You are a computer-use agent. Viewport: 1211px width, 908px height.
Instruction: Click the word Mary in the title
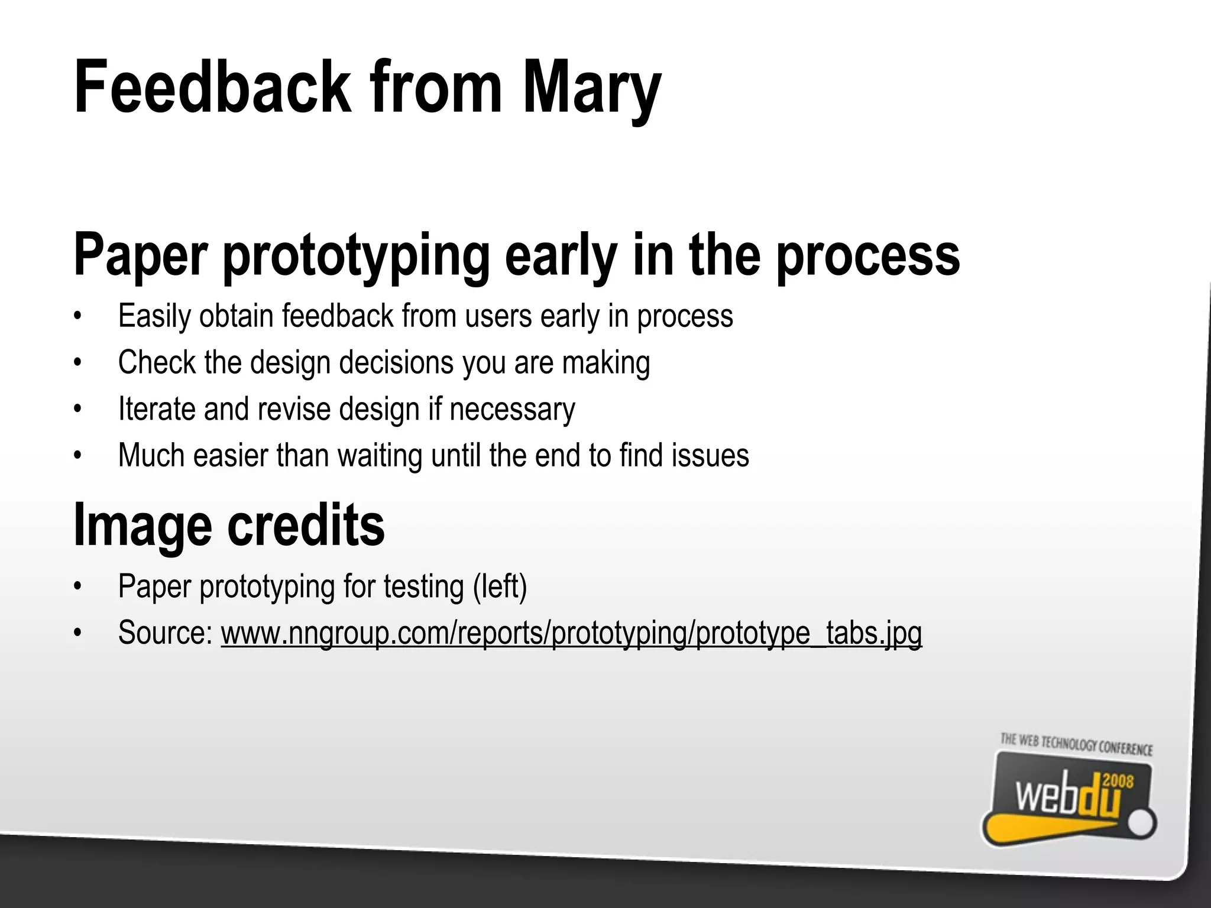click(x=591, y=89)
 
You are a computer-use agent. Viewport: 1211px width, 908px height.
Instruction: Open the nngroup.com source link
click(x=571, y=633)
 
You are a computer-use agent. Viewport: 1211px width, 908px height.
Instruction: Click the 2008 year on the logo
click(x=1118, y=781)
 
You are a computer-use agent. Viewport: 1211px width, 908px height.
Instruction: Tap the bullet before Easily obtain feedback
click(x=76, y=316)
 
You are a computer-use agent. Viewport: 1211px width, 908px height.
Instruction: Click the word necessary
click(x=512, y=409)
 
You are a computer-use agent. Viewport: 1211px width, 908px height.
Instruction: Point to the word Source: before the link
click(x=166, y=633)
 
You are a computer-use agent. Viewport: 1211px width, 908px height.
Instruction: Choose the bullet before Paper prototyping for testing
click(x=76, y=586)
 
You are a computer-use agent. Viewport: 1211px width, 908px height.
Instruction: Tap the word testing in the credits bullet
click(x=423, y=586)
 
